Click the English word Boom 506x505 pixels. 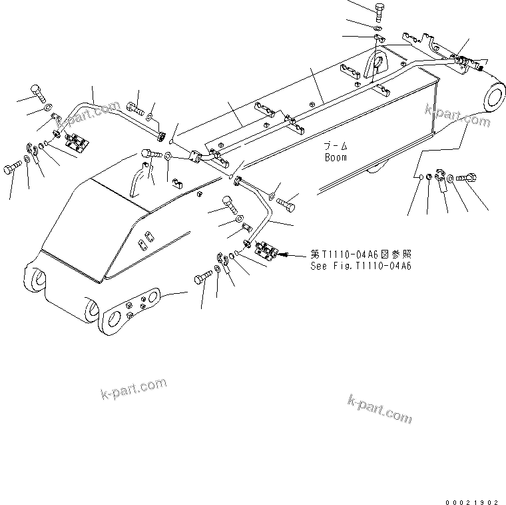pyautogui.click(x=336, y=158)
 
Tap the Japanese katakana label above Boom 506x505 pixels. pyautogui.click(x=336, y=146)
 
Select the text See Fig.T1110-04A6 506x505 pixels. pyautogui.click(x=360, y=265)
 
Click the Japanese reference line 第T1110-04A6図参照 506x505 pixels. pyautogui.click(x=360, y=254)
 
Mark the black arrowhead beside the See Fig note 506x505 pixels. pyautogui.click(x=286, y=254)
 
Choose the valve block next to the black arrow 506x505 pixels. pyautogui.click(x=266, y=252)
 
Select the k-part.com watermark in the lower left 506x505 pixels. pyautogui.click(x=133, y=389)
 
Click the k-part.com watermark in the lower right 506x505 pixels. pyautogui.click(x=379, y=408)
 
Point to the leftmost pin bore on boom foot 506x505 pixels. pyautogui.click(x=35, y=279)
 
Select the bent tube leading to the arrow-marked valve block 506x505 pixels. pyautogui.click(x=263, y=207)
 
